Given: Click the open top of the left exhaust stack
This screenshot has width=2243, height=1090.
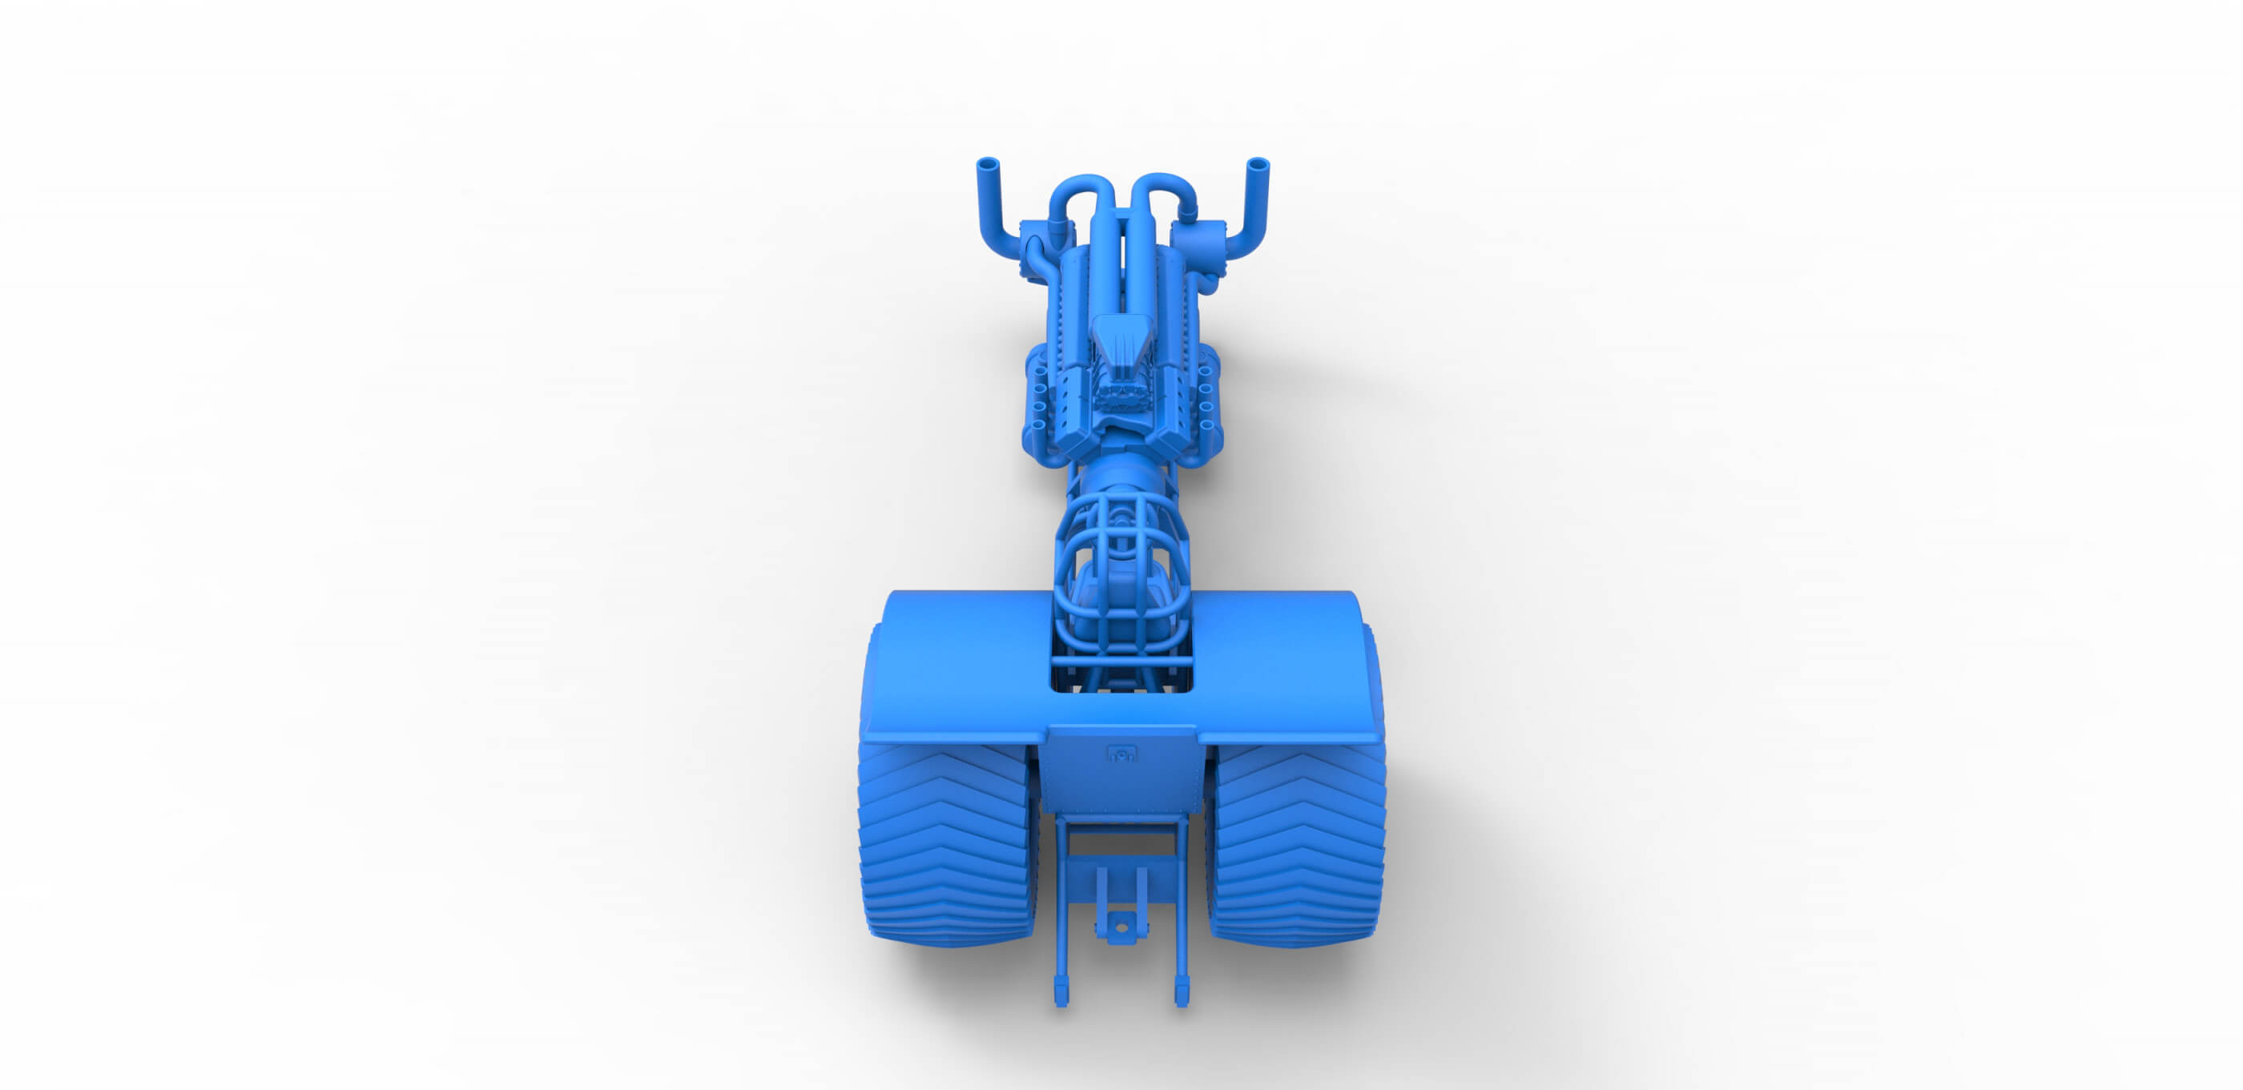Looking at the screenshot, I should [987, 163].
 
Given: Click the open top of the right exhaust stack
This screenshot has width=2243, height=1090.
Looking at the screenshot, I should [1258, 163].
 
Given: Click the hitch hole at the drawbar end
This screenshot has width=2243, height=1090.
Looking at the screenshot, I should [1121, 928].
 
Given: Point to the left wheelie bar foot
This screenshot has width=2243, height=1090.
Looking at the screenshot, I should [1061, 992].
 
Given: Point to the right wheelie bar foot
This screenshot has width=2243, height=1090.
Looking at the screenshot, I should [1182, 992].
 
